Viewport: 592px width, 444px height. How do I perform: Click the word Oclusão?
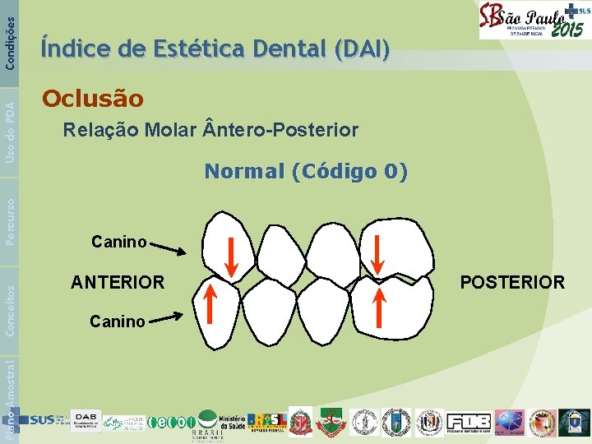click(x=92, y=99)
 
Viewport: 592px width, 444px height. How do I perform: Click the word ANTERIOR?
click(x=118, y=282)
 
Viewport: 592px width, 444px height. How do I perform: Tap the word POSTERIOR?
click(x=512, y=282)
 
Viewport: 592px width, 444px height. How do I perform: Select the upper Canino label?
click(x=118, y=242)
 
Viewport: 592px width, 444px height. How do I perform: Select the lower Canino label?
click(x=118, y=321)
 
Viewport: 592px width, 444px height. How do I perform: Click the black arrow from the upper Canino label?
click(x=169, y=248)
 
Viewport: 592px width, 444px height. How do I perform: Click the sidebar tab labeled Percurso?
click(x=9, y=220)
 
